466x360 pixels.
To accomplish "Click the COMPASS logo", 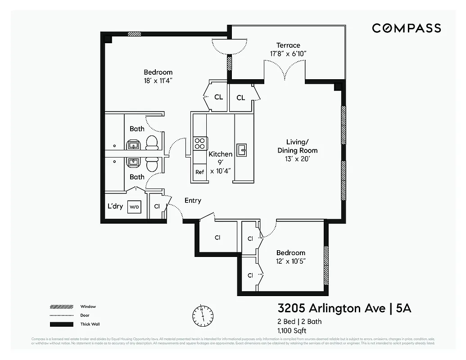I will [x=406, y=28].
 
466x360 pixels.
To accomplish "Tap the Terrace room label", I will [x=288, y=45].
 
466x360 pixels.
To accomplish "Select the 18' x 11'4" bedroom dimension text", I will [x=158, y=81].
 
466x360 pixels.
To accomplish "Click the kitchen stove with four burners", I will [x=200, y=143].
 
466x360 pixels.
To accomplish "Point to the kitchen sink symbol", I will [x=242, y=149].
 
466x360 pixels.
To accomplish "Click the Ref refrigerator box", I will [x=199, y=172].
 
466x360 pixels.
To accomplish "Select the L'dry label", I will [x=115, y=207].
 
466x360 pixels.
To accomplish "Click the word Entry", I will [x=193, y=201].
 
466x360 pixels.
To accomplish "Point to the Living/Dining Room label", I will [x=297, y=146].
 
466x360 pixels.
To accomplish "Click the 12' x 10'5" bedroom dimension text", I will [x=291, y=261].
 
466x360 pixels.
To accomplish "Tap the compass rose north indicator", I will [x=203, y=316].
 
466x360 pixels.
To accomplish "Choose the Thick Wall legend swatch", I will [x=61, y=324].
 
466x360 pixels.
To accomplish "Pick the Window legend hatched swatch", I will [x=61, y=307].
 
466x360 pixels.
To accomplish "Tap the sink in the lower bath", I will [x=133, y=162].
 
